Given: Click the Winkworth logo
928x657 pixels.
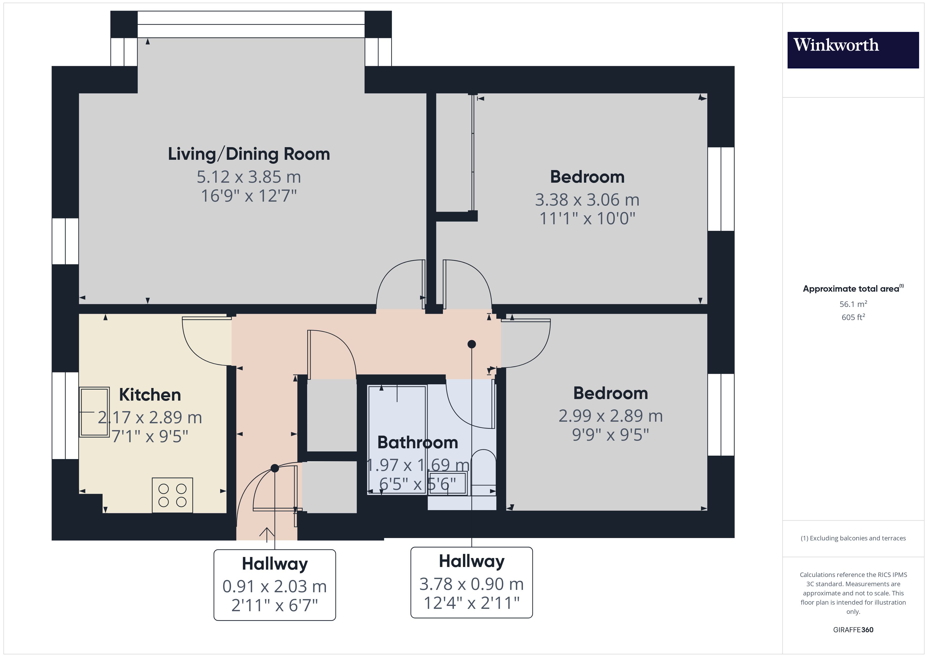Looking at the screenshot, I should click(853, 50).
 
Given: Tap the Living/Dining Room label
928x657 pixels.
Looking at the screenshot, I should click(249, 154).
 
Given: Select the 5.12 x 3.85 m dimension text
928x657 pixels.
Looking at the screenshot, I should click(249, 177).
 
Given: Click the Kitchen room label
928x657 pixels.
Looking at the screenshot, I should click(150, 395).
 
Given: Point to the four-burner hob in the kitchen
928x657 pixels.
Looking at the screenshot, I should click(173, 495).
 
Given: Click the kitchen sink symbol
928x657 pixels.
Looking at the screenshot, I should click(94, 412).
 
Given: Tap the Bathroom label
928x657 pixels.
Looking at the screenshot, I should click(417, 442).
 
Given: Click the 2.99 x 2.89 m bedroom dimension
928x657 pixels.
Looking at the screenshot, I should click(610, 416).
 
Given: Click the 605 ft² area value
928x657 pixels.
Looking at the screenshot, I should click(853, 317).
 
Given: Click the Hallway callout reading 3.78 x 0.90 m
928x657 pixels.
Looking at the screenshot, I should click(472, 582).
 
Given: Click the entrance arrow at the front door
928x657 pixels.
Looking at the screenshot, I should click(267, 534).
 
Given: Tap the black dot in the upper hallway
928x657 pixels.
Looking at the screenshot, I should click(472, 344).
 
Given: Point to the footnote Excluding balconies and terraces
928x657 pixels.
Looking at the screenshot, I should click(853, 538).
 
